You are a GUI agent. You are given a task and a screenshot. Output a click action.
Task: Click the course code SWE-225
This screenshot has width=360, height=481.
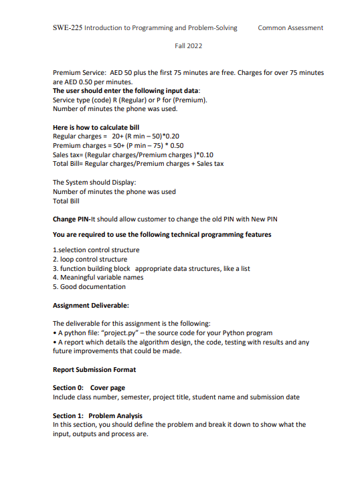click(x=67, y=28)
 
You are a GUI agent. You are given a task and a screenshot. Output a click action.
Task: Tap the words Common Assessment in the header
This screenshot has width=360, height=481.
click(x=290, y=28)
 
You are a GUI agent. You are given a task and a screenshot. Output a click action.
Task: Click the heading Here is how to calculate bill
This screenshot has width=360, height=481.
click(x=96, y=127)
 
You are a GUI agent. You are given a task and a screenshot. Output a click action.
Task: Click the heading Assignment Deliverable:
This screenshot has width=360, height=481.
click(x=90, y=306)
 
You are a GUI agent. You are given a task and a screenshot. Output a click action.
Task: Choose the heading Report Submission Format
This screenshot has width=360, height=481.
click(x=94, y=369)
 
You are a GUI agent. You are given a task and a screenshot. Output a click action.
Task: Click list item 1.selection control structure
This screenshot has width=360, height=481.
click(x=96, y=250)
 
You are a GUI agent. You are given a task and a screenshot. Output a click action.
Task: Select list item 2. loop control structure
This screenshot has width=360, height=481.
click(x=90, y=259)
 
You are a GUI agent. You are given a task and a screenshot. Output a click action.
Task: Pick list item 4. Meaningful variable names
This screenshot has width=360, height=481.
click(x=98, y=277)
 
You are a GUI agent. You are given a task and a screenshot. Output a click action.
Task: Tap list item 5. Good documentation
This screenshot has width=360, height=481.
click(x=89, y=286)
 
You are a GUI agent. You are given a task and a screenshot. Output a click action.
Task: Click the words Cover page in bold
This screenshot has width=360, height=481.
click(x=108, y=388)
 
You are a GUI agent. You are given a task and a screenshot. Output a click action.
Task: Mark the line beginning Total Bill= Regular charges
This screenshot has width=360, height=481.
click(x=138, y=163)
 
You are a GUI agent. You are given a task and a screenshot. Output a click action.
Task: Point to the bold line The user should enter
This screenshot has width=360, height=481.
click(x=126, y=90)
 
